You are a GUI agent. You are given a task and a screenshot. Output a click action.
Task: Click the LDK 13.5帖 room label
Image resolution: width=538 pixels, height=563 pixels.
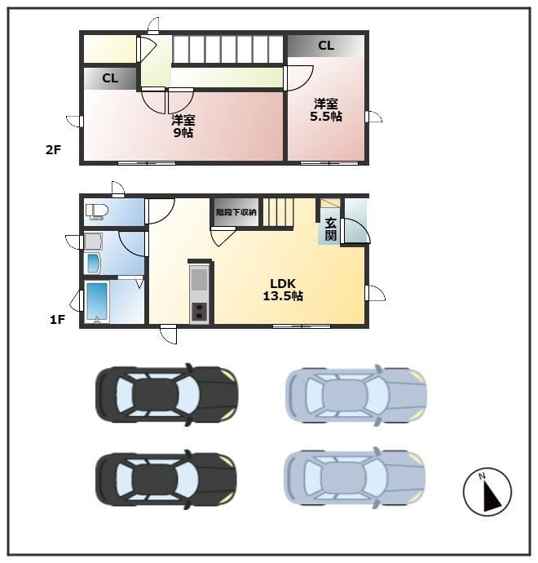coord(283,290)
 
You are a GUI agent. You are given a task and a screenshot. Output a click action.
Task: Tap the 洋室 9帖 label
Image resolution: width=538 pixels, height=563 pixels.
coord(183,126)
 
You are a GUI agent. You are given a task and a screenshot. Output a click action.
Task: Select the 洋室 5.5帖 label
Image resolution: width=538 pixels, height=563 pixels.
coord(326,110)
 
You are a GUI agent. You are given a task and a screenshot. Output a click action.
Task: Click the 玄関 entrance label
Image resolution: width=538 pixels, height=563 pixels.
coord(331,229)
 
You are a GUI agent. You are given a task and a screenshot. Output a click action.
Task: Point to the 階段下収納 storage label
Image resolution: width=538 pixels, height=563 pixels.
coord(236,212)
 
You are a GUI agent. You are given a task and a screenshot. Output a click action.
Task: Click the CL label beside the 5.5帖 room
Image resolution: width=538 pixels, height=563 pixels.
coord(326,46)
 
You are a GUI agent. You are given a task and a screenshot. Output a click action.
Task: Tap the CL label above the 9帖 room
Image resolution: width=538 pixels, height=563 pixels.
coord(110,78)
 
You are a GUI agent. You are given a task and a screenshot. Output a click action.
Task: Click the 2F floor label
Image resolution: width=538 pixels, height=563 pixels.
coord(53,150)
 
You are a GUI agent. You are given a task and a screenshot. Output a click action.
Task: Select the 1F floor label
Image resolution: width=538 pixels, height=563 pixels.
coord(57,319)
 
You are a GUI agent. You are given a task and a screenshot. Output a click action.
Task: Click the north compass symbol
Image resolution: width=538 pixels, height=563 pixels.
coord(487,492)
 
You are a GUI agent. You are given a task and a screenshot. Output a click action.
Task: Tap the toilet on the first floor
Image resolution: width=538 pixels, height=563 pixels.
coord(97,211)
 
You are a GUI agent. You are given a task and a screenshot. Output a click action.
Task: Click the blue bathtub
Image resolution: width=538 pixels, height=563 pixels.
coord(98,301)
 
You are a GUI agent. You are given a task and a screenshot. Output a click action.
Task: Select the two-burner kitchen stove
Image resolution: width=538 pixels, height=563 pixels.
coord(199,312)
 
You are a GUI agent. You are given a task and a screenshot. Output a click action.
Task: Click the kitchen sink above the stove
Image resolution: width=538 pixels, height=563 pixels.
coord(199,278)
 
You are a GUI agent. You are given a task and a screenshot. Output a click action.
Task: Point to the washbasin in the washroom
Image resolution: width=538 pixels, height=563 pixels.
coord(93,264)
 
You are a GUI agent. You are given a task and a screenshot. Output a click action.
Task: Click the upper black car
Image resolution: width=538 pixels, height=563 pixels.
coord(166,395)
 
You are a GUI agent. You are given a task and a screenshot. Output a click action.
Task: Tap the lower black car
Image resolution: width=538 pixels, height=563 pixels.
coord(166,479)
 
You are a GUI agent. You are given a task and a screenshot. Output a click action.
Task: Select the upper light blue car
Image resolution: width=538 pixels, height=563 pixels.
coord(355,395)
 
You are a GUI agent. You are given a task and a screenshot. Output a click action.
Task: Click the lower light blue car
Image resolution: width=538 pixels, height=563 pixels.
coord(355,478)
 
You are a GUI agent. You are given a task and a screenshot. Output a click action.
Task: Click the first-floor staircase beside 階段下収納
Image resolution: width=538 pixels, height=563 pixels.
coord(278,212)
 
